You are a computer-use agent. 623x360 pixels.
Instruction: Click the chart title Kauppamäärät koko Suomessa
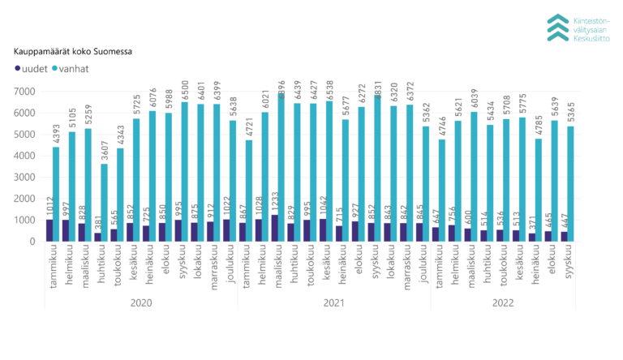pos(72,51)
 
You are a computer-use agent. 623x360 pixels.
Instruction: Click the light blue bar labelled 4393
pos(56,195)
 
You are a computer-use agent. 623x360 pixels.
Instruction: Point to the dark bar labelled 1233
pos(274,228)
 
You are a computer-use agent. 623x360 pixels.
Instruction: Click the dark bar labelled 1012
pos(49,230)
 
